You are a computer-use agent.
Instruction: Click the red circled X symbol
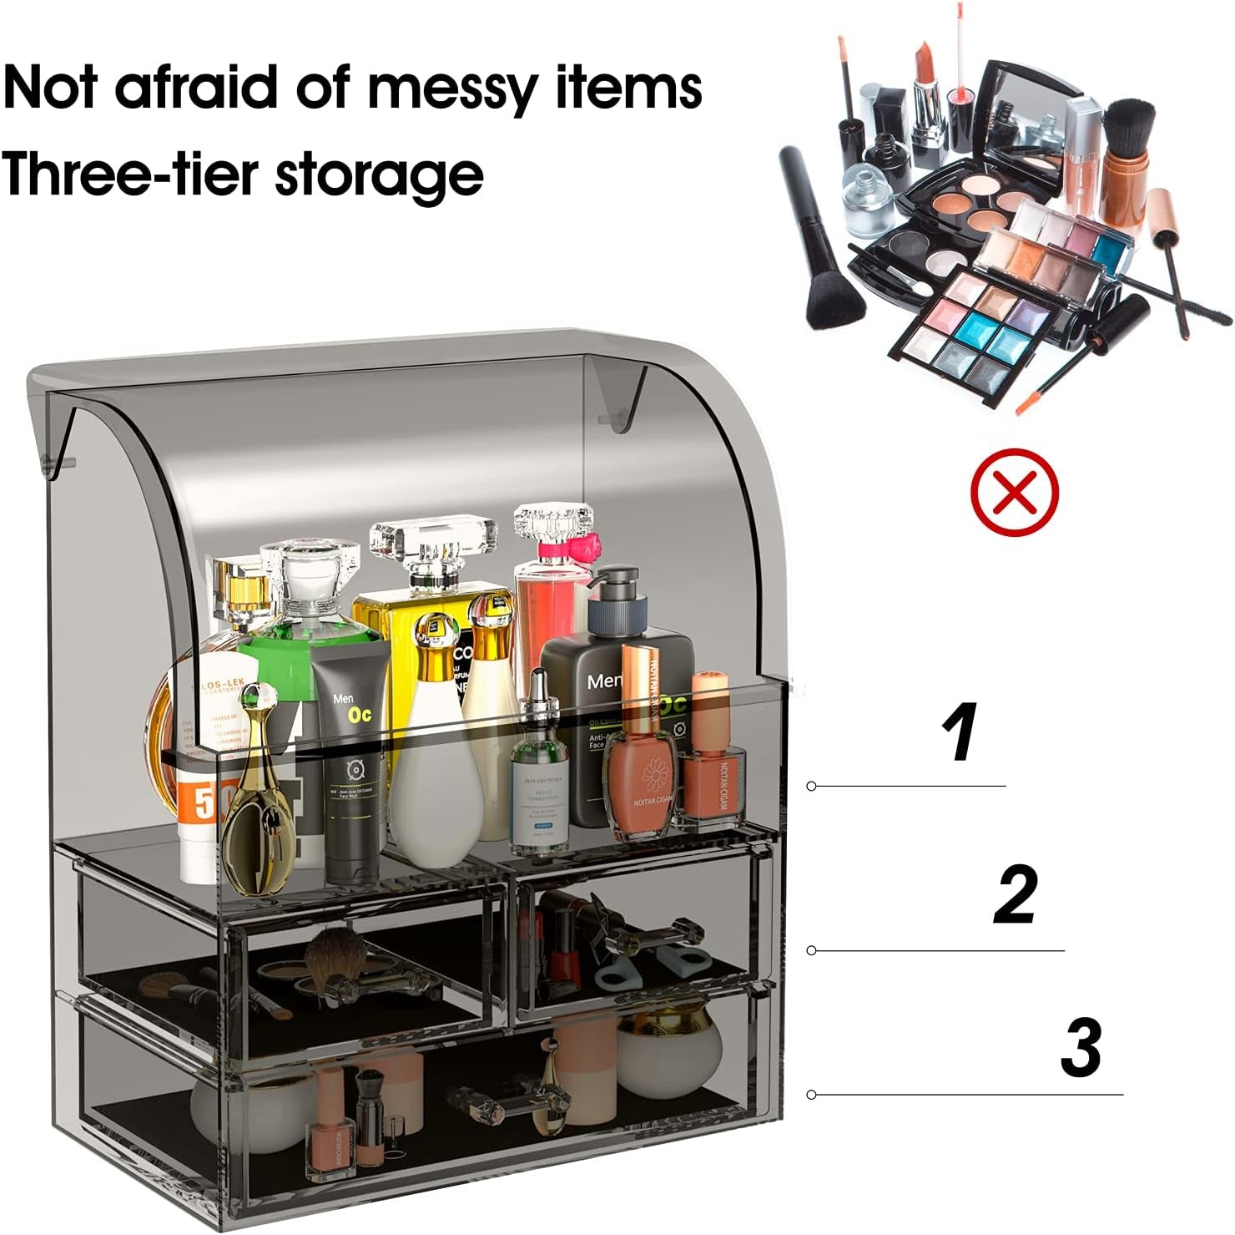pos(1014,492)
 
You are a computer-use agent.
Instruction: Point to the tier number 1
pos(959,732)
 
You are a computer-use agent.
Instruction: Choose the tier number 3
pos(1081,1048)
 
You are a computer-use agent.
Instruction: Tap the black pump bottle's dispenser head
pos(617,589)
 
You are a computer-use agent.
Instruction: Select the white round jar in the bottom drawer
pos(668,1052)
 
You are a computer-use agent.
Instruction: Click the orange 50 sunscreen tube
pos(199,822)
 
